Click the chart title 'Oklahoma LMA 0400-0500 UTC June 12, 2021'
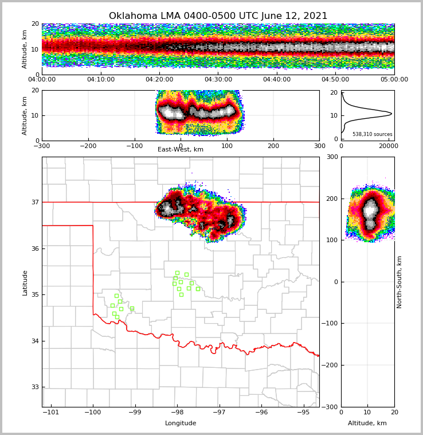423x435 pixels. (218, 16)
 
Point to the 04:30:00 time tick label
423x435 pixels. (218, 80)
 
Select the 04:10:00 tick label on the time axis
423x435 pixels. (101, 80)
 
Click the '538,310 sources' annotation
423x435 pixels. (372, 134)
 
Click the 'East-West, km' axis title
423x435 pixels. (181, 150)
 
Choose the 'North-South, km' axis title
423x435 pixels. (399, 282)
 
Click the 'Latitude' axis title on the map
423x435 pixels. (25, 282)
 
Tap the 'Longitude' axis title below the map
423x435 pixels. (181, 424)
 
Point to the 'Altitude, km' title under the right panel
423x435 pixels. (367, 424)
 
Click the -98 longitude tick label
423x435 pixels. (177, 412)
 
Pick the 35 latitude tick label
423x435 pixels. (34, 295)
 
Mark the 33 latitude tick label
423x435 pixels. (34, 387)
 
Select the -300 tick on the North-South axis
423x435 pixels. (332, 407)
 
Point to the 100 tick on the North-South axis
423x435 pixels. (332, 240)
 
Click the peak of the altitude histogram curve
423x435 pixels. (391, 114)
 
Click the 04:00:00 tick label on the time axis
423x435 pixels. (42, 80)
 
